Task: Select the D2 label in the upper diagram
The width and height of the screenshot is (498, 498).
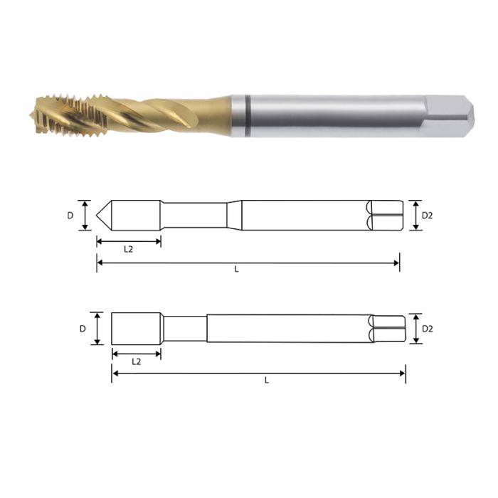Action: pyautogui.click(x=427, y=215)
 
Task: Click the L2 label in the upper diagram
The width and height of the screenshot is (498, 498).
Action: pyautogui.click(x=128, y=249)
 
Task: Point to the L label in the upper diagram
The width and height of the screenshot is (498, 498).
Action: pyautogui.click(x=236, y=270)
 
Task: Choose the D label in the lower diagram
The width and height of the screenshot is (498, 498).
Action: pyautogui.click(x=83, y=329)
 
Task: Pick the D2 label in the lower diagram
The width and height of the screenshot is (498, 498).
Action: pyautogui.click(x=427, y=329)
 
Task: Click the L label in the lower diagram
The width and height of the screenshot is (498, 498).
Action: pyautogui.click(x=266, y=380)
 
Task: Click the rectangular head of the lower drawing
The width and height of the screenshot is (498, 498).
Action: pyautogui.click(x=135, y=329)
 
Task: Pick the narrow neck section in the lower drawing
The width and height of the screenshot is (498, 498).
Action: pyautogui.click(x=185, y=329)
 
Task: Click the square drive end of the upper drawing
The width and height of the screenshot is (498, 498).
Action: pyautogui.click(x=384, y=215)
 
